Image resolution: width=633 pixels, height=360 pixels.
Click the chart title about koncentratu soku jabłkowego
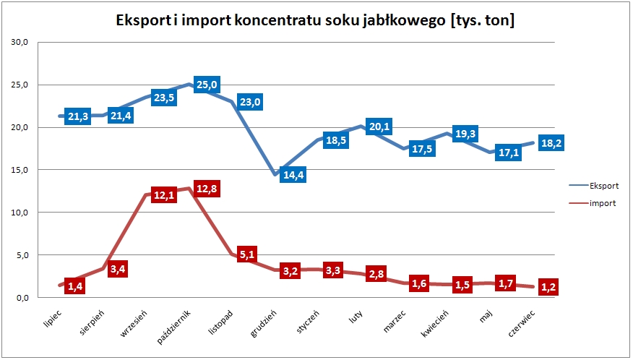pyautogui.click(x=315, y=21)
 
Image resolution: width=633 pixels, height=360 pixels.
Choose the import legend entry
pyautogui.click(x=602, y=203)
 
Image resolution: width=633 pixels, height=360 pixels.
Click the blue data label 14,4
pyautogui.click(x=293, y=175)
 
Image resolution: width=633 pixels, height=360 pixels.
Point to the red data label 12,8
pyautogui.click(x=205, y=189)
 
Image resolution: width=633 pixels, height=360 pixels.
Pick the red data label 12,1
pyautogui.click(x=165, y=195)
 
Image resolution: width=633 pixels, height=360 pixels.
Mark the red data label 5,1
pyautogui.click(x=248, y=254)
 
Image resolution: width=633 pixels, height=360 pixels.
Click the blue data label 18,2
pyautogui.click(x=551, y=143)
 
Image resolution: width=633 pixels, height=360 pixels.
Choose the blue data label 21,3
pyautogui.click(x=78, y=117)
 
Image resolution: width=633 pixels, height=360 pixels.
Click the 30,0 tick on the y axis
pyautogui.click(x=18, y=43)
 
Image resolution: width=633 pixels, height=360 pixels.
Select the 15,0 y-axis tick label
pyautogui.click(x=18, y=170)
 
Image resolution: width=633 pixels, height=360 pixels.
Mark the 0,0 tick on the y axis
pyautogui.click(x=20, y=298)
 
